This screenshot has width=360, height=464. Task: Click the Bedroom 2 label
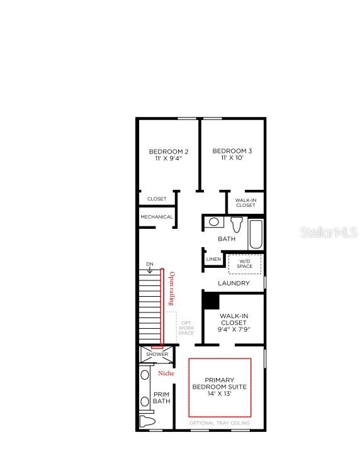[168, 155]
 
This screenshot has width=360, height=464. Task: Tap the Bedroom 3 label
[232, 154]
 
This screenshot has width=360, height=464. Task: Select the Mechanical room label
[157, 217]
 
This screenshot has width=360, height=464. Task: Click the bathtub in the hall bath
[256, 234]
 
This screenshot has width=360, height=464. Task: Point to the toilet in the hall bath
[237, 224]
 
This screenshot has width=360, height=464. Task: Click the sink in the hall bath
[213, 222]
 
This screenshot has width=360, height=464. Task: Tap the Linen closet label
[213, 259]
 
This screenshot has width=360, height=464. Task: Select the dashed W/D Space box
[245, 264]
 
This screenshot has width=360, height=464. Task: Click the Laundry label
[233, 283]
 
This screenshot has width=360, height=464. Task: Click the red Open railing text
[172, 289]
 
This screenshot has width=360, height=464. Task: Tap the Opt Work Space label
[186, 328]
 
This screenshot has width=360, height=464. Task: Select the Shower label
[157, 354]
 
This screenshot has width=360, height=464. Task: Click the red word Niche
[166, 373]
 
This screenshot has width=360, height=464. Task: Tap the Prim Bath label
[162, 398]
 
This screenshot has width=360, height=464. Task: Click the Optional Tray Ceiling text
[219, 423]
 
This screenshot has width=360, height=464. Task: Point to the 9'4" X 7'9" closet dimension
[233, 329]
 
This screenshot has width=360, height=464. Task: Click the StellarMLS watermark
[329, 232]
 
